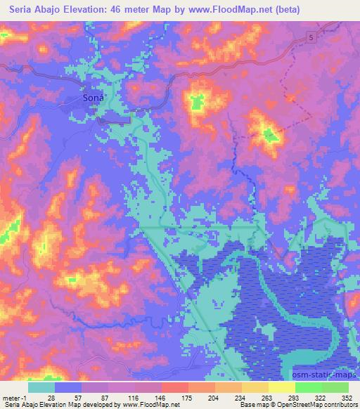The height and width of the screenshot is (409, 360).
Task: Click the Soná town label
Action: [x=94, y=99]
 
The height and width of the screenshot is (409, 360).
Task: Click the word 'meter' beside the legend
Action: [x=11, y=397]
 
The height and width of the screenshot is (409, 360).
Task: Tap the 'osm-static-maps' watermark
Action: [x=320, y=377]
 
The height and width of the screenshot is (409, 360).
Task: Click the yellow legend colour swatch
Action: [x=281, y=387]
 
